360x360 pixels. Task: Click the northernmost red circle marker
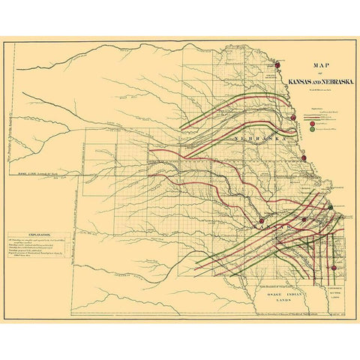pyautogui.click(x=277, y=64)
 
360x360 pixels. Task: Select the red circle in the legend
pyautogui.click(x=312, y=123)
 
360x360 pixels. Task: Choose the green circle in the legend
pyautogui.click(x=312, y=130)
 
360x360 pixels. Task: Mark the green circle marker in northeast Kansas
pyautogui.click(x=329, y=206)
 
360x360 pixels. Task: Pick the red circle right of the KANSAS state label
pyautogui.click(x=304, y=220)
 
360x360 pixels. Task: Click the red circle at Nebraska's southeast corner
pyautogui.click(x=303, y=158)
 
